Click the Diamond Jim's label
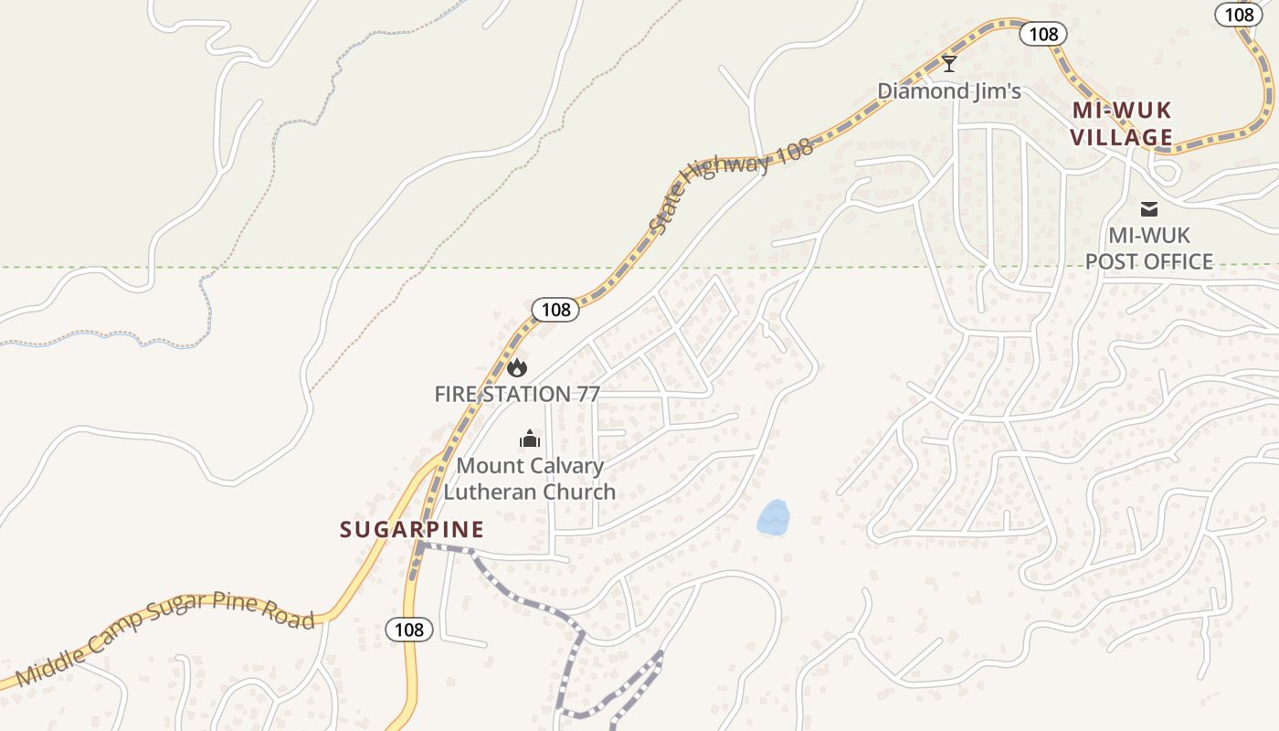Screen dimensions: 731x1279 [949, 90]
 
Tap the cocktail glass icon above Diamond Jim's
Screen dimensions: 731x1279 [949, 63]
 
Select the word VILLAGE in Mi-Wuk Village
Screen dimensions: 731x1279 [1121, 138]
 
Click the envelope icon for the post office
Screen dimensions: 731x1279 [1148, 209]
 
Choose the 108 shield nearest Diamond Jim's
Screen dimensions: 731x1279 [1043, 35]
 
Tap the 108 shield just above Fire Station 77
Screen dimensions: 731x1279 [555, 310]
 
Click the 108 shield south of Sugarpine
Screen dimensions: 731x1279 [409, 629]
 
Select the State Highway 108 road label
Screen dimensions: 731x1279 [732, 186]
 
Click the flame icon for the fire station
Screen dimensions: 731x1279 [517, 368]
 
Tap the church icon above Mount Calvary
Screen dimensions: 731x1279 [530, 440]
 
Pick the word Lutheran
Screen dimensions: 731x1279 [486, 492]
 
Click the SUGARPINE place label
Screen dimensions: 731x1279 [412, 530]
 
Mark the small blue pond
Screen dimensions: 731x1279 [773, 518]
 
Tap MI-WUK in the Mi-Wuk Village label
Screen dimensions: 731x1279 [1121, 111]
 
